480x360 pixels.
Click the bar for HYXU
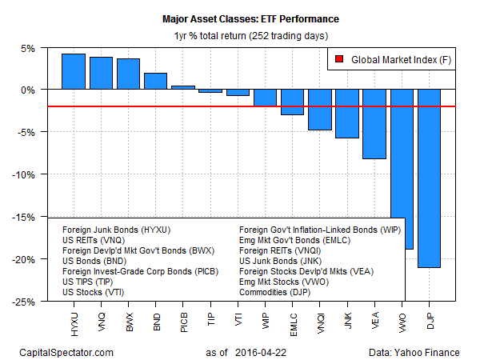(x=74, y=72)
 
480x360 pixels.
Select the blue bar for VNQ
(x=101, y=74)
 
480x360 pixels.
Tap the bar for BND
(x=155, y=82)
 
